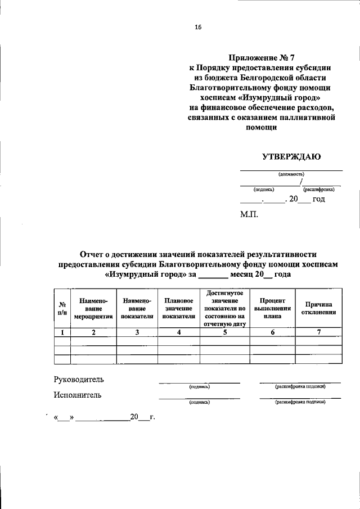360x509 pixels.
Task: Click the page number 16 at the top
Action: [197, 26]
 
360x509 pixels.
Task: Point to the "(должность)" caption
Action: [291, 174]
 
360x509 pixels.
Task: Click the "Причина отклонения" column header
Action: [318, 308]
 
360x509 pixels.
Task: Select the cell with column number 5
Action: [224, 332]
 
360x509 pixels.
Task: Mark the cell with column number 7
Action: [318, 332]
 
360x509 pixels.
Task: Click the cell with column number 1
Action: [62, 332]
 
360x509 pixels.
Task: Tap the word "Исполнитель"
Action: [78, 395]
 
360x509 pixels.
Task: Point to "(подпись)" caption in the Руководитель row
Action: [200, 387]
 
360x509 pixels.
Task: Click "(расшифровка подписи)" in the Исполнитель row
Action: [300, 402]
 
